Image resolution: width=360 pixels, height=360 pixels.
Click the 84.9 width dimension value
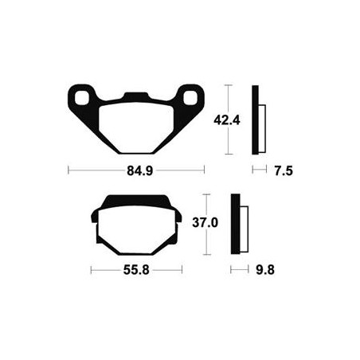click(140, 170)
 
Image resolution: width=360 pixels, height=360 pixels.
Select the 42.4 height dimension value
click(227, 120)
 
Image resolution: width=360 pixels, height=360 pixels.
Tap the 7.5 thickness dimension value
click(284, 170)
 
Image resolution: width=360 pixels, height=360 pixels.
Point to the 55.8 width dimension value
click(136, 270)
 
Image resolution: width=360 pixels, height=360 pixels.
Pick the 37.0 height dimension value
click(205, 222)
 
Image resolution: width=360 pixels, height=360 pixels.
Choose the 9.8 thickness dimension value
click(265, 270)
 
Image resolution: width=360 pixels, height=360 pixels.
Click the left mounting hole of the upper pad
click(81, 98)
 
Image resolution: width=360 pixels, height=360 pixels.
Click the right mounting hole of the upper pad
click(190, 97)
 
